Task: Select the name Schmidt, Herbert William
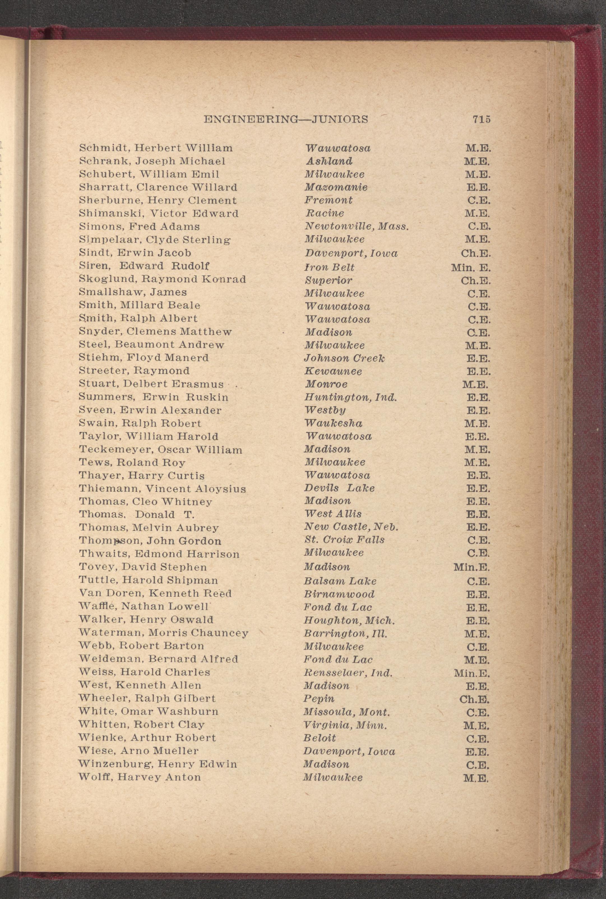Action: point(156,148)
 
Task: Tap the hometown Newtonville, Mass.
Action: point(356,227)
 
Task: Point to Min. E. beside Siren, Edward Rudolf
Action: point(470,267)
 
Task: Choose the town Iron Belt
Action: point(329,267)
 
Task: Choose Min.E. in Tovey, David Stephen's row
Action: point(471,568)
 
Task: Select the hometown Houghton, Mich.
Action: point(349,620)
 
